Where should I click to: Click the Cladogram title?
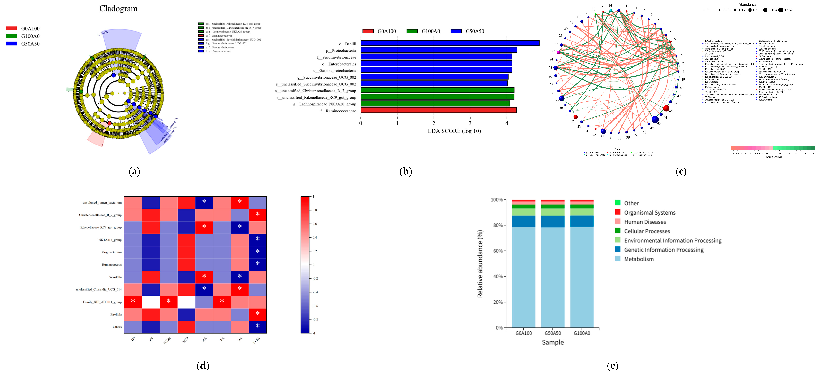point(118,9)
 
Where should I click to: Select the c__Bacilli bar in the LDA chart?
point(449,43)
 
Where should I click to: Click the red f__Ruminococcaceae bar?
point(438,110)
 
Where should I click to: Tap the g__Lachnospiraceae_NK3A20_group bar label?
point(324,104)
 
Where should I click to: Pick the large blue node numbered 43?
point(655,119)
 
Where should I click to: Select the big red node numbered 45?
point(666,108)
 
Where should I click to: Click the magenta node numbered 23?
point(558,52)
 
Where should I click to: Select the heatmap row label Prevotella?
point(115,277)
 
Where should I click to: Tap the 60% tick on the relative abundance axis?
point(498,251)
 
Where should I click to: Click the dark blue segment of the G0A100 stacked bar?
point(524,221)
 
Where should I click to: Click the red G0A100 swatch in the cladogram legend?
point(11,28)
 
